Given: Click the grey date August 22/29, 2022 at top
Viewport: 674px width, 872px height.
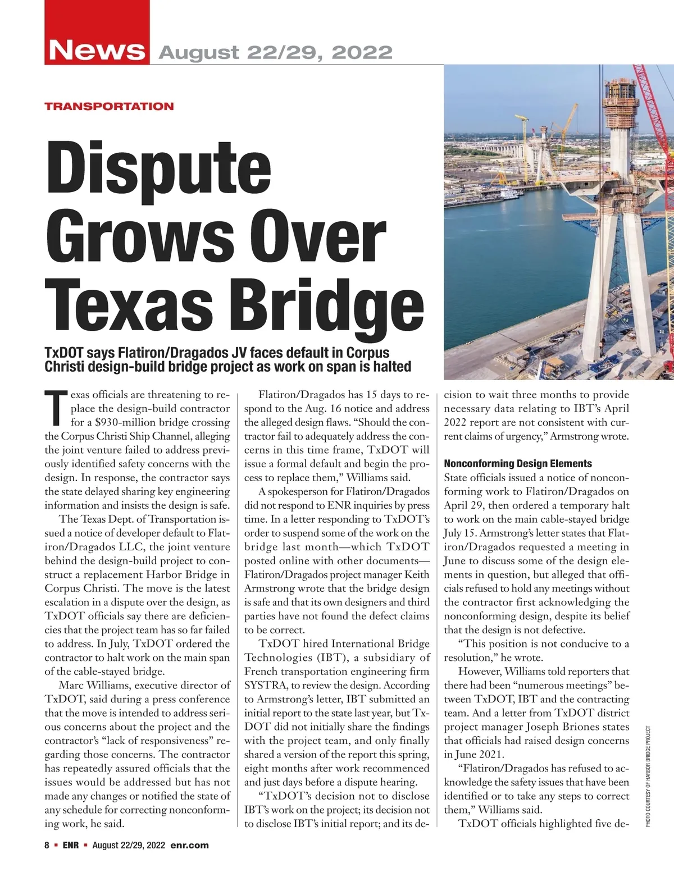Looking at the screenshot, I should [x=276, y=53].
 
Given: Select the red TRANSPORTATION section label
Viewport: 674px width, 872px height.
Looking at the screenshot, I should [x=109, y=106].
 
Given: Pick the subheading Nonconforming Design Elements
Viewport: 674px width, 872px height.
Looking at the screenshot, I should [x=518, y=464].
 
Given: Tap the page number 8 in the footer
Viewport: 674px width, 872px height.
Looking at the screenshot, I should [x=47, y=845].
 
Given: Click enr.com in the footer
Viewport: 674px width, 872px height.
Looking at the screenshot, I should [x=189, y=845].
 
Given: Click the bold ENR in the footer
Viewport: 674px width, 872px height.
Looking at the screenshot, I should [x=70, y=845].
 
